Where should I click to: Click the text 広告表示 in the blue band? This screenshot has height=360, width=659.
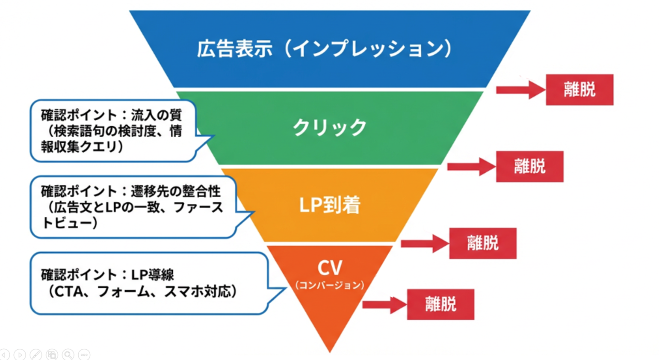tap(234, 48)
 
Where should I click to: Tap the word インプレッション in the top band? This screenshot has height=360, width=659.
tap(368, 48)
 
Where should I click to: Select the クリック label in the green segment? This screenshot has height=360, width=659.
tap(330, 127)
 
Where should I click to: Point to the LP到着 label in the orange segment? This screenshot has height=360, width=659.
tap(330, 205)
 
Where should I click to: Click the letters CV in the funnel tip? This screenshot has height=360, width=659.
tap(330, 268)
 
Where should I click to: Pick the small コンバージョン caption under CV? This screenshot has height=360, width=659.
tap(330, 285)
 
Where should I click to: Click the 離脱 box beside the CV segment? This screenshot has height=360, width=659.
tap(440, 304)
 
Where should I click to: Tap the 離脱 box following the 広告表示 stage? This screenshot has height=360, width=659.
tap(579, 90)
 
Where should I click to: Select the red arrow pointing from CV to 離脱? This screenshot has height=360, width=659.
tap(384, 305)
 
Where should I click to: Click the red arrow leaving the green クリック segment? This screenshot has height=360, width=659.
tap(470, 166)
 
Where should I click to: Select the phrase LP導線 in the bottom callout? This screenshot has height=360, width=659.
tap(152, 274)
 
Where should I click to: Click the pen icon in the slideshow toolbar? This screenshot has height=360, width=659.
tap(36, 354)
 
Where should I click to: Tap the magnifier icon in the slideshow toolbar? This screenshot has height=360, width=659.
tap(68, 354)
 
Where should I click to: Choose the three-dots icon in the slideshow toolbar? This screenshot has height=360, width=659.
tap(84, 354)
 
